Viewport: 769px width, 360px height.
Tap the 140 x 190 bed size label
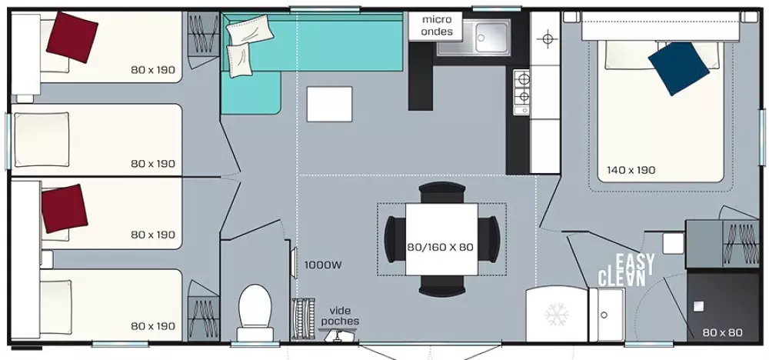(x=631, y=170)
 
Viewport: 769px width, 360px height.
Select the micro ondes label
(x=437, y=25)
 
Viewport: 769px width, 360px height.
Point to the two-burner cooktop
(x=522, y=87)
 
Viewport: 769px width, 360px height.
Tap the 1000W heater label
(x=322, y=265)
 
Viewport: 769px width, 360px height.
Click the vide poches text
(x=339, y=315)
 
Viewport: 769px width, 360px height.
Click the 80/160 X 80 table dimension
(x=441, y=248)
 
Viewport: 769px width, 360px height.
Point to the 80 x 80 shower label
(x=722, y=333)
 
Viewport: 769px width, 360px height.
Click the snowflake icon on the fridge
(x=554, y=315)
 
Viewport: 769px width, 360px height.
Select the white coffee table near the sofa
(x=329, y=104)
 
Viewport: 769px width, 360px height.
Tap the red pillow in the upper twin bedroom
(x=72, y=36)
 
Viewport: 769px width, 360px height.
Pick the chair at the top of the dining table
(x=441, y=190)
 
